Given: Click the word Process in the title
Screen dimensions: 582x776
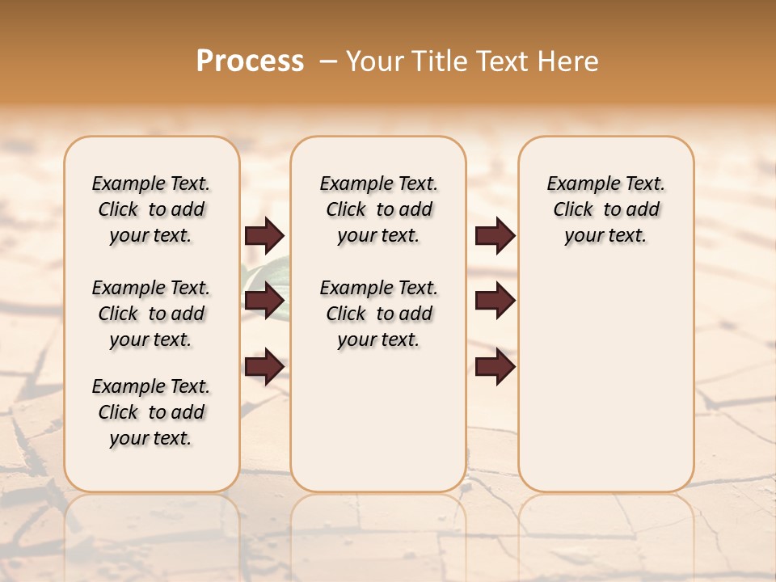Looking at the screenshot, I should (x=250, y=61).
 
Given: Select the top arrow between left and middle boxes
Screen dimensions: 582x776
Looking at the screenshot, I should (x=264, y=235).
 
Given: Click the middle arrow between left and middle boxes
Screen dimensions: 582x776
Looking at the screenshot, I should (x=264, y=301).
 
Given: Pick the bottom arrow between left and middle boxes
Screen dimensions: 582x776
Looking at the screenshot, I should (x=264, y=366).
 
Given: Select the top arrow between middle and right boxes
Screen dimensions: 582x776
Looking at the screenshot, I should (x=495, y=235).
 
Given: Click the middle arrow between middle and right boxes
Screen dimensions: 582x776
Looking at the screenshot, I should (x=495, y=301).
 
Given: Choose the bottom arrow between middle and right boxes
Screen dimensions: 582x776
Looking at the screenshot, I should (x=495, y=366).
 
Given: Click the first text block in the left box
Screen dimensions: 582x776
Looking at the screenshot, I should (x=151, y=209).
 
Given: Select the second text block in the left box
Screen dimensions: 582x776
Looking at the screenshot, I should (x=151, y=314).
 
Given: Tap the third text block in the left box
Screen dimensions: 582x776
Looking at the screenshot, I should (x=151, y=412).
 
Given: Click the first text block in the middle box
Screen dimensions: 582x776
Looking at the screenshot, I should (x=378, y=209).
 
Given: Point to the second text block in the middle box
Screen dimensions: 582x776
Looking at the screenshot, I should (x=378, y=314).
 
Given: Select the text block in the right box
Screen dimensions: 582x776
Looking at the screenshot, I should (x=605, y=209).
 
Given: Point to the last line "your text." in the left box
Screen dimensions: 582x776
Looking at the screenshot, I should (x=150, y=438).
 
